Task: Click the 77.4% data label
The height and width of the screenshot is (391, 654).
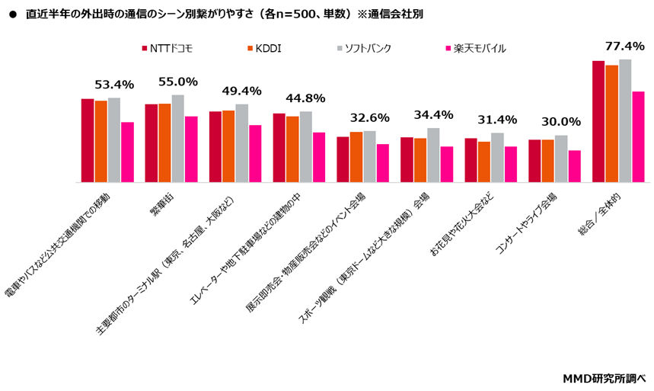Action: pyautogui.click(x=624, y=46)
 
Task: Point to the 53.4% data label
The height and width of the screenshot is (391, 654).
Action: pyautogui.click(x=114, y=85)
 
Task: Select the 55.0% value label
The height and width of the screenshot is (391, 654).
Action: pyautogui.click(x=178, y=82)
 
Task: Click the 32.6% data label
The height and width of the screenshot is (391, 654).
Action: pyautogui.click(x=369, y=118)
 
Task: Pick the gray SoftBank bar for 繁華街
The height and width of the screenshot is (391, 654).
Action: pyautogui.click(x=177, y=139)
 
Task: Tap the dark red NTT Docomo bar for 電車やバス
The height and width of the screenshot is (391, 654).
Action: pyautogui.click(x=88, y=141)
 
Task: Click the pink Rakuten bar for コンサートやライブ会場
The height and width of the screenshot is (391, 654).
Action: pyautogui.click(x=574, y=166)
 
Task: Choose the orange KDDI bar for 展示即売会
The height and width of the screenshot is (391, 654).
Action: pyautogui.click(x=356, y=157)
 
